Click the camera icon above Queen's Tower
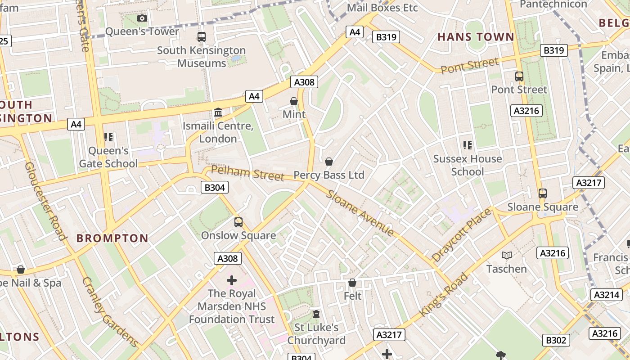click(142, 18)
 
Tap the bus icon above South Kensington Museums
click(202, 37)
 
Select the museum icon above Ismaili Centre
click(218, 112)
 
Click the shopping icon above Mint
click(294, 101)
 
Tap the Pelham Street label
click(247, 173)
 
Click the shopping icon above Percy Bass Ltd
click(329, 162)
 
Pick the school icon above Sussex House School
click(468, 145)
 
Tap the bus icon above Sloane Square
click(543, 193)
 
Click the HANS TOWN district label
click(476, 37)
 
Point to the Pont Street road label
click(470, 66)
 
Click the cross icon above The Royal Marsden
click(232, 280)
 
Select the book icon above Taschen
click(507, 256)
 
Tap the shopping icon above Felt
click(352, 283)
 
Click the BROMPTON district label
click(112, 238)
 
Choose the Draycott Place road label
click(461, 235)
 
